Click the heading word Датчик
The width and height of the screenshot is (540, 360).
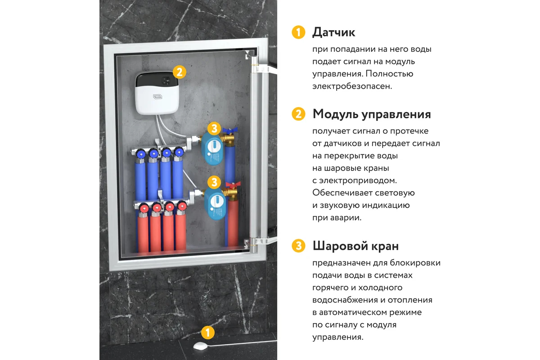[333, 32]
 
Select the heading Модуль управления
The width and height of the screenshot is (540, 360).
[372, 114]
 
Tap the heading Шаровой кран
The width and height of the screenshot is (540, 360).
[355, 246]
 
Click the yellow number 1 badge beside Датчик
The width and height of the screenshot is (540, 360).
[298, 32]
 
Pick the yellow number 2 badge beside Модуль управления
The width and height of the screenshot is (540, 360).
[298, 114]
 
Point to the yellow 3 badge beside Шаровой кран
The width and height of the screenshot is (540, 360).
[298, 246]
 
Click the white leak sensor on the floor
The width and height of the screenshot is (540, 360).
[200, 346]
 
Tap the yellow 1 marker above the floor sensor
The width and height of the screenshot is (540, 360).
[208, 333]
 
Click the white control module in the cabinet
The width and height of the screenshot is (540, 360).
[157, 93]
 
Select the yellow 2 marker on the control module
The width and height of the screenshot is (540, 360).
[180, 72]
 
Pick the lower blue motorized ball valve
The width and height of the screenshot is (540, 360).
[215, 204]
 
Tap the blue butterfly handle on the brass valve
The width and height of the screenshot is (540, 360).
[230, 130]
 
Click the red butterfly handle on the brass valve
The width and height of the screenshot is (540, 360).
[233, 185]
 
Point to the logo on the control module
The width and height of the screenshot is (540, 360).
[157, 97]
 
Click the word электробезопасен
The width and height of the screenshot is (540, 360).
[352, 86]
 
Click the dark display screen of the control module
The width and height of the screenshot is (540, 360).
[157, 80]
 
